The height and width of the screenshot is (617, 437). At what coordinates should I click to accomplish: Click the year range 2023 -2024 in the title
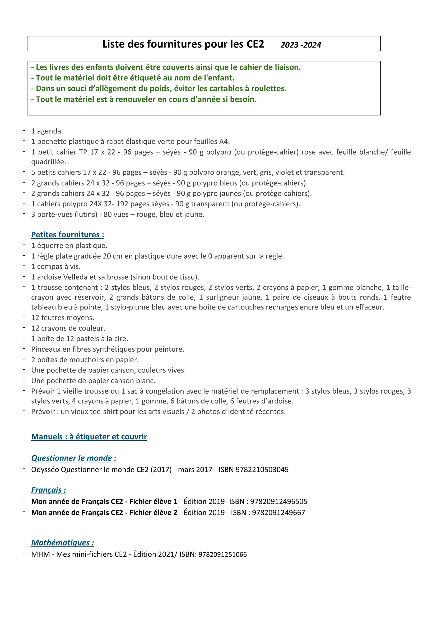[301, 45]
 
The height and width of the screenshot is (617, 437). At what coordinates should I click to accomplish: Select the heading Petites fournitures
[68, 235]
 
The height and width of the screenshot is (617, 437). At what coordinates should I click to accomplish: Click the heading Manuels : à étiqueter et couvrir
[89, 437]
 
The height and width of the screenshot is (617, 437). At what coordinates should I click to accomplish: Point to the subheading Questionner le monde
[74, 458]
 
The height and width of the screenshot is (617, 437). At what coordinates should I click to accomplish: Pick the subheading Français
[48, 490]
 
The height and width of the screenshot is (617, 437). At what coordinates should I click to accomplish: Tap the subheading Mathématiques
[62, 543]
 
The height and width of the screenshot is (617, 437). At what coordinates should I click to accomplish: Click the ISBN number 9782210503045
[262, 470]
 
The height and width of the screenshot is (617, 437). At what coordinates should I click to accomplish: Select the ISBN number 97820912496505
[278, 501]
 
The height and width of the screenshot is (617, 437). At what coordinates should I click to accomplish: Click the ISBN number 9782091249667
[278, 513]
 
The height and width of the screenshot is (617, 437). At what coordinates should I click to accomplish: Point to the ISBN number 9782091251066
[222, 555]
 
